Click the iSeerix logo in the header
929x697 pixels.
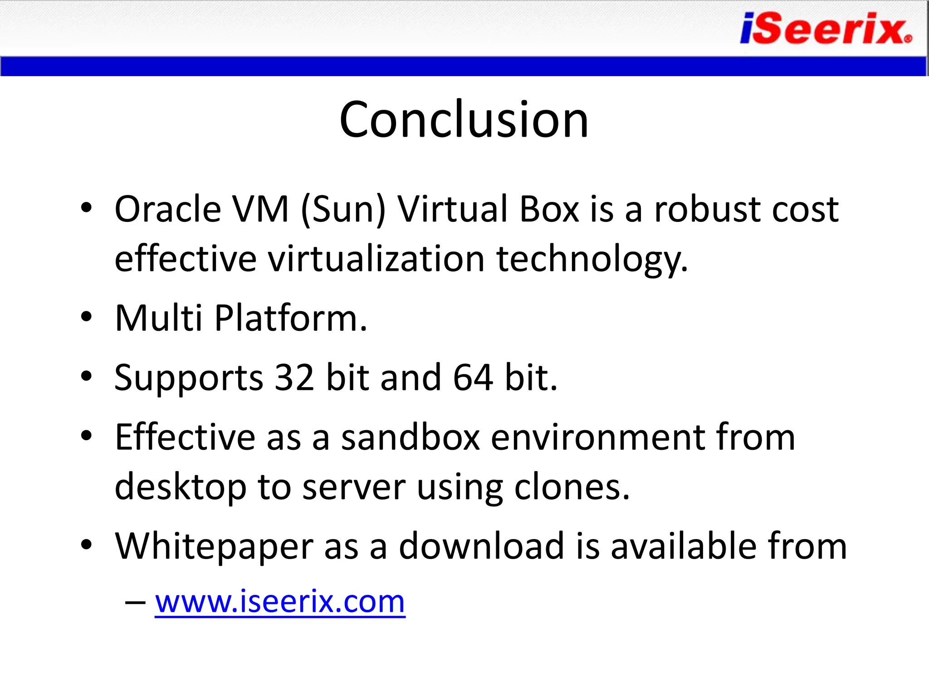coord(826,29)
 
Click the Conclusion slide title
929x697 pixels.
coord(464,119)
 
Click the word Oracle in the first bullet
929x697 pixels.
coord(167,209)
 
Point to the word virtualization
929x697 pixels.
coord(376,259)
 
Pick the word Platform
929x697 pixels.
coord(290,318)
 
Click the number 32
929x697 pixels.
coord(294,377)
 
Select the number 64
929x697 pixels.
coord(473,377)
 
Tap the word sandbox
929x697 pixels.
coord(410,437)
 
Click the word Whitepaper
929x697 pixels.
coord(214,547)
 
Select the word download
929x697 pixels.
coord(481,546)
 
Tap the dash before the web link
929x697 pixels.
coord(135,603)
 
